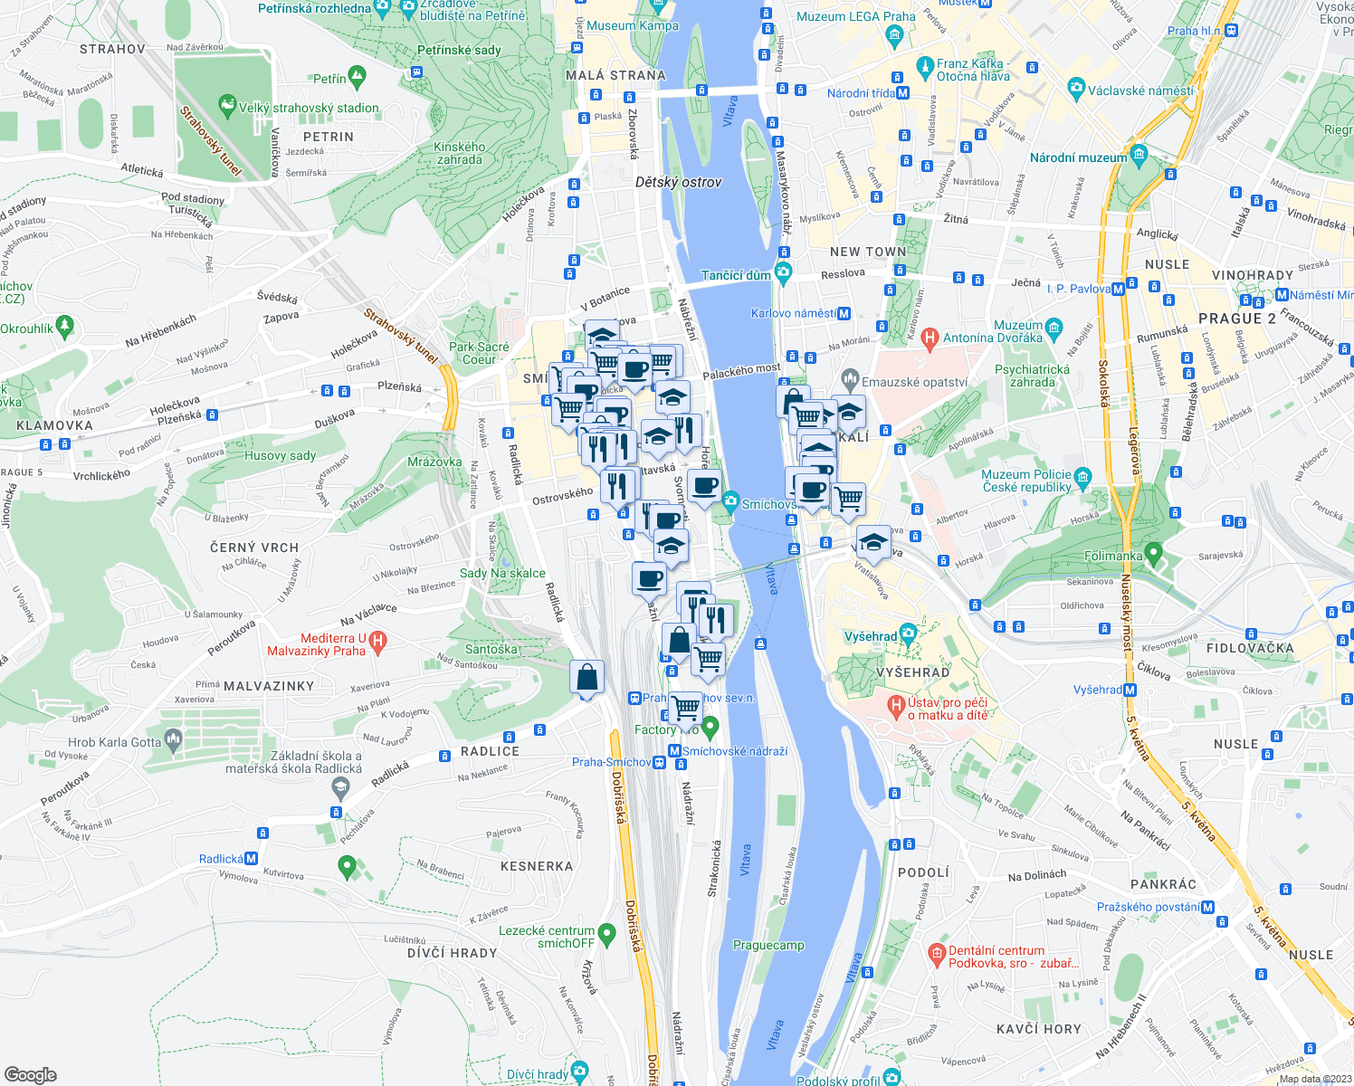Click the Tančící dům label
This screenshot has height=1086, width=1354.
click(x=736, y=275)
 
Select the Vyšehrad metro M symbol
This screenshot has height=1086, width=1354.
click(x=1130, y=690)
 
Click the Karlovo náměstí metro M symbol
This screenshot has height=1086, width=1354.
click(x=844, y=314)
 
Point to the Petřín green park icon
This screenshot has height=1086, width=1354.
click(x=357, y=78)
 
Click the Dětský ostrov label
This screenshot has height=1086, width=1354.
click(x=678, y=182)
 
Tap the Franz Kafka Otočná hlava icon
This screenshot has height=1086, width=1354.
click(x=924, y=66)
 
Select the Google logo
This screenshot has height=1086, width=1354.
click(x=31, y=1075)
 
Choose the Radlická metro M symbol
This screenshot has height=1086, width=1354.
click(x=252, y=859)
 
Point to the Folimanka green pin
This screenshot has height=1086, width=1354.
click(x=1153, y=551)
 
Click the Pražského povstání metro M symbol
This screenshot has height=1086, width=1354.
click(x=1207, y=907)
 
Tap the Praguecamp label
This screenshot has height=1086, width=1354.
click(x=768, y=945)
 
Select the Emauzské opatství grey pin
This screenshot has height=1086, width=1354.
click(x=849, y=377)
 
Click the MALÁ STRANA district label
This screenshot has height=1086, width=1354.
click(x=615, y=75)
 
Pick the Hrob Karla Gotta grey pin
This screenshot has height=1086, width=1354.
click(x=173, y=741)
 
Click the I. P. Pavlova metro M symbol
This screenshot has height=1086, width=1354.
click(x=1119, y=290)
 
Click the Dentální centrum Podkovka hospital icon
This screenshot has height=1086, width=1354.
click(x=937, y=953)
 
